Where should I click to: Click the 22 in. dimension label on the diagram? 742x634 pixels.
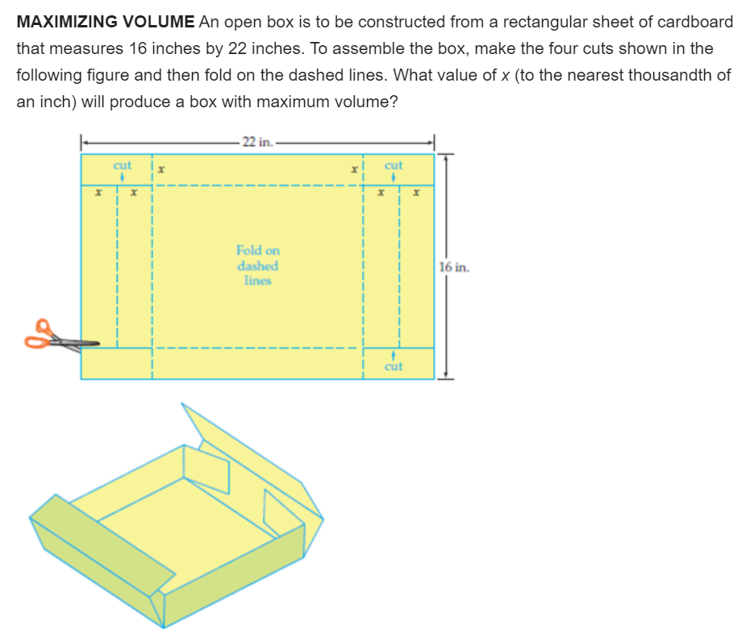click(x=257, y=143)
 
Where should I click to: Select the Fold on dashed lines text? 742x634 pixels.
click(x=257, y=265)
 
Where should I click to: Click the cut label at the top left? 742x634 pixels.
click(x=122, y=165)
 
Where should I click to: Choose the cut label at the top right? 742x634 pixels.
click(x=394, y=165)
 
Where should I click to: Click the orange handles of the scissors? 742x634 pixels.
click(x=40, y=334)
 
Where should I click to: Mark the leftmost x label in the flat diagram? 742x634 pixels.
click(x=98, y=194)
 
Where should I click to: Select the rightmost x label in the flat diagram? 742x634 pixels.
click(x=416, y=194)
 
